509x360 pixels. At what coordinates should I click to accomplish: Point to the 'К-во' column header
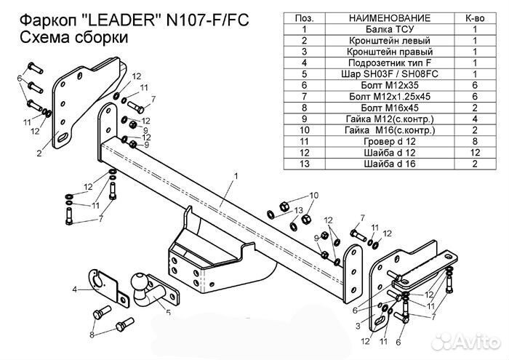(x=473, y=17)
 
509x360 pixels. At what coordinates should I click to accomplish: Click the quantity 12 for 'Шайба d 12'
(x=473, y=153)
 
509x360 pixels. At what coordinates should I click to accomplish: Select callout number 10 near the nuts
(x=314, y=195)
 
